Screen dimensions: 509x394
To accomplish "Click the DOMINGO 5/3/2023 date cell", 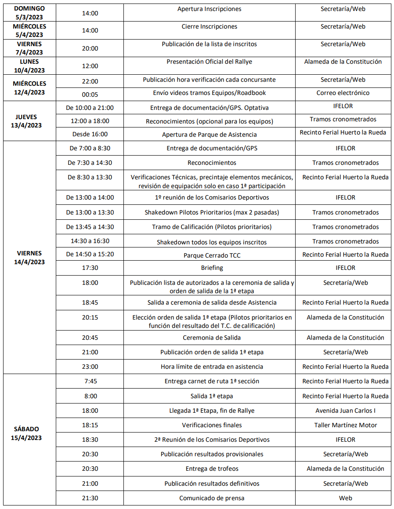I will click(29, 13).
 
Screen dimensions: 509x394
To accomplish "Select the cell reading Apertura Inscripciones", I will click(209, 9).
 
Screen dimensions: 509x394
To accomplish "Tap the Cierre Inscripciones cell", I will click(209, 27).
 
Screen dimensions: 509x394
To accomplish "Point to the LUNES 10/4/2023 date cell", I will click(29, 66).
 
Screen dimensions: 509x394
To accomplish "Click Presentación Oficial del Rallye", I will click(209, 62).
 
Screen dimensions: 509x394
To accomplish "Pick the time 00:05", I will click(90, 93).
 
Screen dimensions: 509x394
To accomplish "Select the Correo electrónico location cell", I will click(343, 93).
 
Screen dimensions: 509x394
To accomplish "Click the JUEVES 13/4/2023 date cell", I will click(29, 121).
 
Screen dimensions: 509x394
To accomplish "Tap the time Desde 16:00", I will click(90, 135).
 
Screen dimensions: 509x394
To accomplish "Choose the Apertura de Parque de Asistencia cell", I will click(209, 135).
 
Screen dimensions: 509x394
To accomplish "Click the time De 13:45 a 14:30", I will click(90, 227).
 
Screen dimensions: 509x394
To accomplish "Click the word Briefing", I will click(212, 268).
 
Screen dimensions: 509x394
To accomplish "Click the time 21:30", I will click(90, 498).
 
